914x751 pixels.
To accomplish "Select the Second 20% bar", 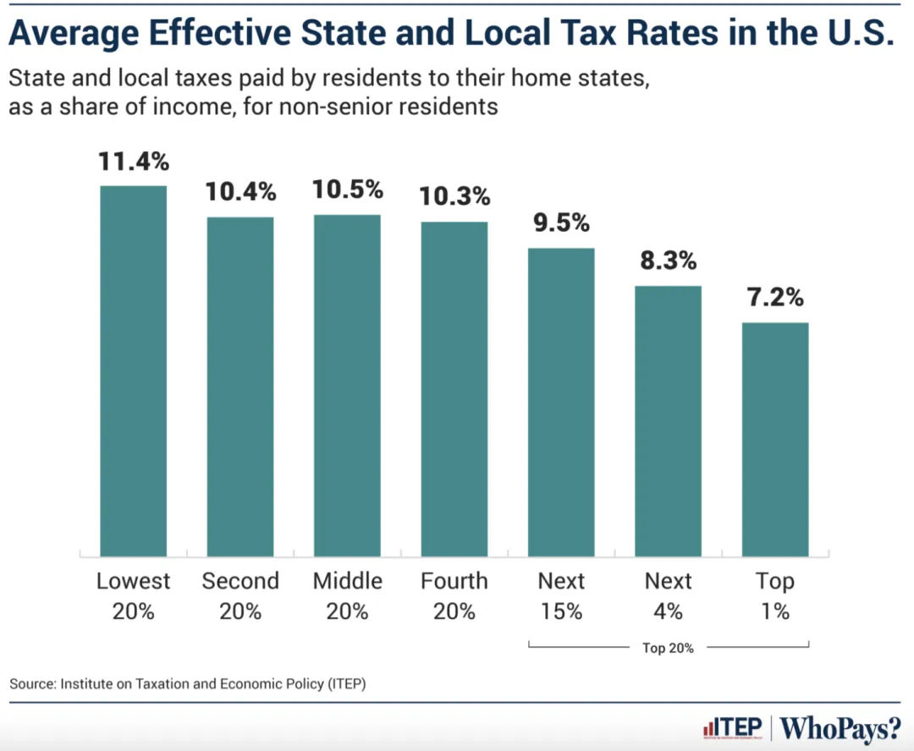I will click(240, 386).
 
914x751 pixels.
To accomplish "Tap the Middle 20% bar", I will click(347, 386).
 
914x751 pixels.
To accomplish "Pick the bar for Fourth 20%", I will click(454, 389).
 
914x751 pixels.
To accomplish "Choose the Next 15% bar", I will click(561, 402).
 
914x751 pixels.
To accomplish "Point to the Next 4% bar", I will click(669, 421).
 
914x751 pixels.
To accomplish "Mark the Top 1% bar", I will click(775, 439).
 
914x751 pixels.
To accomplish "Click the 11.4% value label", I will click(134, 161).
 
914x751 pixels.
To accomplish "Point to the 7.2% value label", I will click(775, 298).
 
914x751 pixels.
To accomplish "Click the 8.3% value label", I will click(669, 260).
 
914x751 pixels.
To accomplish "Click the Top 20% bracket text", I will click(669, 649).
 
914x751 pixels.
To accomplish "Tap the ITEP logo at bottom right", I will click(733, 727).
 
